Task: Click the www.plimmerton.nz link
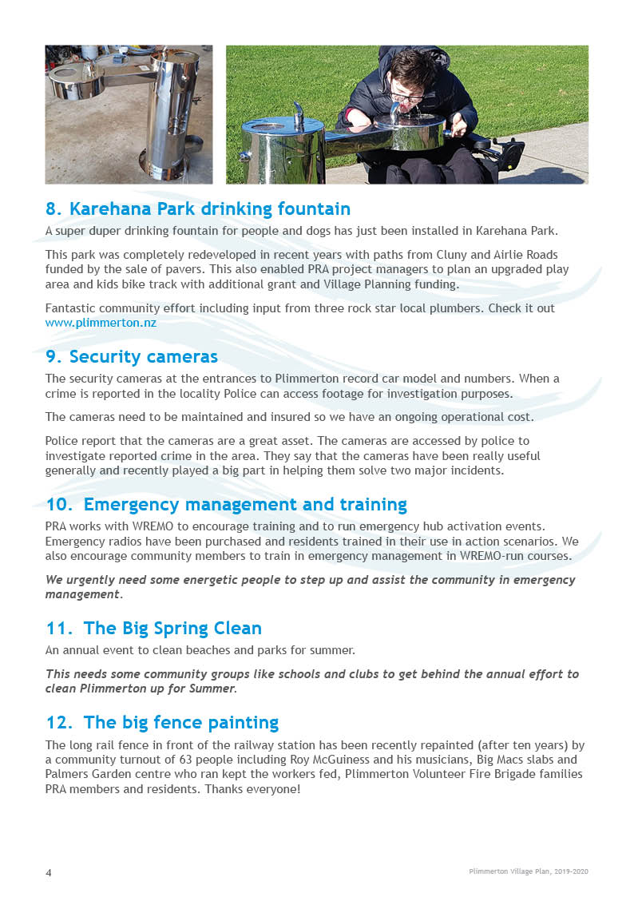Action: tap(101, 323)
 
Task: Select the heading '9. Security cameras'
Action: tap(132, 356)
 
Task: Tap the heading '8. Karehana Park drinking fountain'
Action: tap(198, 209)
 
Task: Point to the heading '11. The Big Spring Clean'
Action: tap(153, 628)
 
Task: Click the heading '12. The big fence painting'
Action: tap(162, 723)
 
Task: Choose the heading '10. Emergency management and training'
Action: tap(226, 505)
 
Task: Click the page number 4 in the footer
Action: tap(48, 872)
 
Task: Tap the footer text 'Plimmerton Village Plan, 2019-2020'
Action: tap(528, 871)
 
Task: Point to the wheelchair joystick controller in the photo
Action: tap(509, 151)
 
